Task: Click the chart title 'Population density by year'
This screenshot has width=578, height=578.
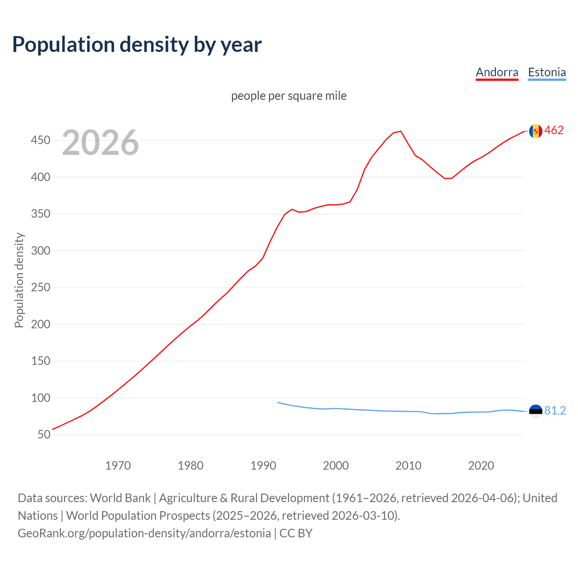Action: click(x=137, y=44)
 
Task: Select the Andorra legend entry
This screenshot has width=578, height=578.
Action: click(x=497, y=72)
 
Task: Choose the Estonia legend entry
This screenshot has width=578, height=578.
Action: click(x=547, y=72)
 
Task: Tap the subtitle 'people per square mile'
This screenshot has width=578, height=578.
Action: click(x=289, y=96)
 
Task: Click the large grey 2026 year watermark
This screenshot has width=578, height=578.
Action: click(x=100, y=143)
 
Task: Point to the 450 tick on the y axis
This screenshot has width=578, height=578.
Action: click(x=40, y=140)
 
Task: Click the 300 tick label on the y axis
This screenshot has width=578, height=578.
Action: click(x=40, y=251)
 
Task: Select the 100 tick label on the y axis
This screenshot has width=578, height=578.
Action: click(x=40, y=398)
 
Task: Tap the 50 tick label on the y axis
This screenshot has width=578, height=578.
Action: click(x=44, y=434)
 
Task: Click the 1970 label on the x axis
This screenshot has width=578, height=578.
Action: click(x=118, y=466)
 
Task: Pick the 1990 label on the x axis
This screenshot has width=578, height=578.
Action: click(x=263, y=466)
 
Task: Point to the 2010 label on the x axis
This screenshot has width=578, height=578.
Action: click(x=408, y=466)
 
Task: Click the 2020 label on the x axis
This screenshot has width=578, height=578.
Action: click(x=481, y=466)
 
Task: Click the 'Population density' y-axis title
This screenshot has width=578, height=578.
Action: click(x=19, y=280)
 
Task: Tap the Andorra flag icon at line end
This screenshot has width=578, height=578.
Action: click(x=536, y=131)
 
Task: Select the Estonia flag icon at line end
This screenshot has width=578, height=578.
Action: click(x=536, y=411)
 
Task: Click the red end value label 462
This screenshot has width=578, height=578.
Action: click(x=554, y=131)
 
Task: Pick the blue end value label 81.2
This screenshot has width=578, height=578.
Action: click(x=555, y=410)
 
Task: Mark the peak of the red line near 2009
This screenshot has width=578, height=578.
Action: click(x=401, y=131)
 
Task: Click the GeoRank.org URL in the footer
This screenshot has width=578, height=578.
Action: click(x=144, y=533)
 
